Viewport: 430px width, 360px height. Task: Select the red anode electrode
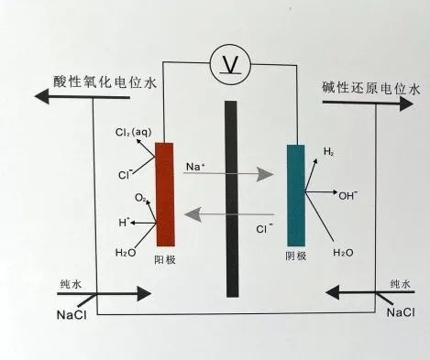164,193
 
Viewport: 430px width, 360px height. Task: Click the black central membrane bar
233,197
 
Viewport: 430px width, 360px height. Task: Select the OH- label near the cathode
347,195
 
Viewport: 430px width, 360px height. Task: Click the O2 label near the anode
140,197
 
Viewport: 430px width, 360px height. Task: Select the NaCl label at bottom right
402,312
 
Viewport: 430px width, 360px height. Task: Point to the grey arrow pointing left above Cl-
228,215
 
